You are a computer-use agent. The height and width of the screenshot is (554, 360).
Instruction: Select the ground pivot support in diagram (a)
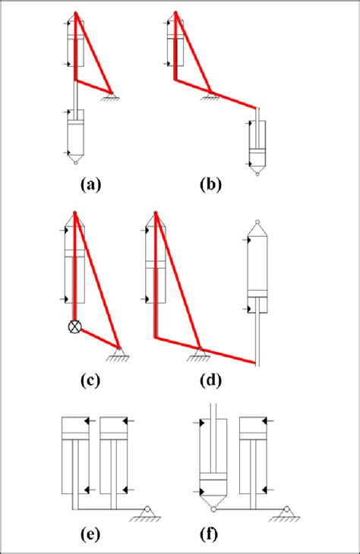[x=112, y=93]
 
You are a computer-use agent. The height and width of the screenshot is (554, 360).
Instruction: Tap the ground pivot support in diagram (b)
[x=210, y=94]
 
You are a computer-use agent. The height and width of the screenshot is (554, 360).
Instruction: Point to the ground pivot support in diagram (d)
[x=199, y=351]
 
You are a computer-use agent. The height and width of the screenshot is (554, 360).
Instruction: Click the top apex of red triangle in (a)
[x=75, y=14]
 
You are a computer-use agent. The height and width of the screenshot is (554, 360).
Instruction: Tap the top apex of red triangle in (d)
[x=155, y=211]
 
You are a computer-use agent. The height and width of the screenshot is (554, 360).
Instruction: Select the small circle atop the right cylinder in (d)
[x=257, y=224]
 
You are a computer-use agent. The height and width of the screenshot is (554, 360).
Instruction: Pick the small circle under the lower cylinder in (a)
[x=74, y=164]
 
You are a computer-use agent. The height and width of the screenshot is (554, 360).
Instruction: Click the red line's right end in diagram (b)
[x=257, y=109]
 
